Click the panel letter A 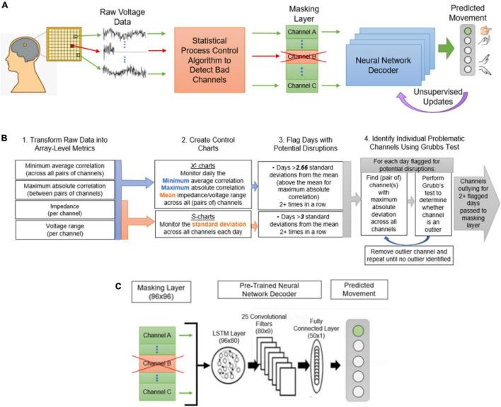6,6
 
